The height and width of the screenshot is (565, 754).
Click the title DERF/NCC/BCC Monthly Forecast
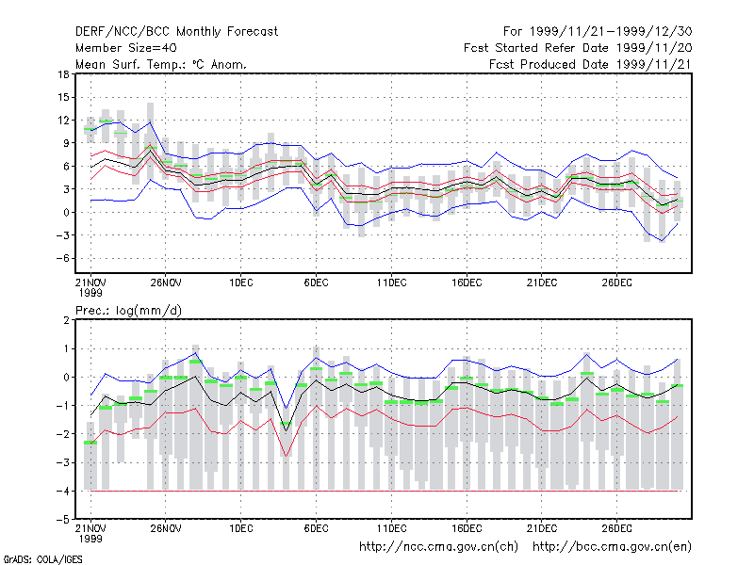point(176,32)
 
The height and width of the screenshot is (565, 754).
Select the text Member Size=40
point(126,48)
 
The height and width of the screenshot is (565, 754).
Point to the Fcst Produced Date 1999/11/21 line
point(591,64)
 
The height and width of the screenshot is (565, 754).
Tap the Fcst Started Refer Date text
point(536,48)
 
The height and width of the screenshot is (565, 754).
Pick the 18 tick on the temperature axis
point(63,74)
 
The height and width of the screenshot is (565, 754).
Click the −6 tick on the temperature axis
point(62,258)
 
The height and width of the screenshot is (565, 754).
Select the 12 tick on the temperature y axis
point(63,121)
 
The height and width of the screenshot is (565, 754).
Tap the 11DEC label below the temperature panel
point(391,282)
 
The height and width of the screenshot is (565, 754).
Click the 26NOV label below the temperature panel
point(166,282)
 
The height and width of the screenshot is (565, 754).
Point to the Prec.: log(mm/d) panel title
point(128,311)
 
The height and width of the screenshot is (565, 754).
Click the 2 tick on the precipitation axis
point(66,320)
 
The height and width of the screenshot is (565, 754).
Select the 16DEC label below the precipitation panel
point(467,528)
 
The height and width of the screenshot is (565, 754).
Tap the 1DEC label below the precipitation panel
point(241,528)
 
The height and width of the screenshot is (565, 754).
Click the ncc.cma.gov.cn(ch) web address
point(438,547)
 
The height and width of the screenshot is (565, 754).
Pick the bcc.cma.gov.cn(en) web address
point(612,547)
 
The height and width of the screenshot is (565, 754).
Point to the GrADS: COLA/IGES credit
point(42,559)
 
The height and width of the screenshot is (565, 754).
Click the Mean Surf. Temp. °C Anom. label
point(161,64)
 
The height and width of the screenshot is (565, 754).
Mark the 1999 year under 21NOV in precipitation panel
point(90,539)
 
